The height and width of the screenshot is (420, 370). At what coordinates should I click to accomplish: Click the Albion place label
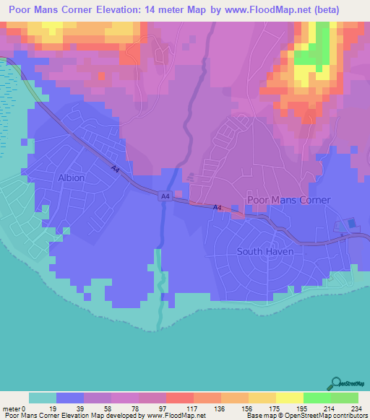[71, 178]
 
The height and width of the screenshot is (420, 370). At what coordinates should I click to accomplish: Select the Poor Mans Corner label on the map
[288, 200]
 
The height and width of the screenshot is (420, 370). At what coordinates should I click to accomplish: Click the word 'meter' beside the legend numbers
[12, 408]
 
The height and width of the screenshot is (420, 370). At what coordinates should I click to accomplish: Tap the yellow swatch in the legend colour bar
[290, 398]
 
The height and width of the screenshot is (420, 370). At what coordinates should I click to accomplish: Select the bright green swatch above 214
[317, 398]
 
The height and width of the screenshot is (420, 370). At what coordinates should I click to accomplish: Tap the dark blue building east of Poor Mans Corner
[352, 224]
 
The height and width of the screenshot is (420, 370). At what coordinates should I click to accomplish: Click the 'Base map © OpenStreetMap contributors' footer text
[304, 416]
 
